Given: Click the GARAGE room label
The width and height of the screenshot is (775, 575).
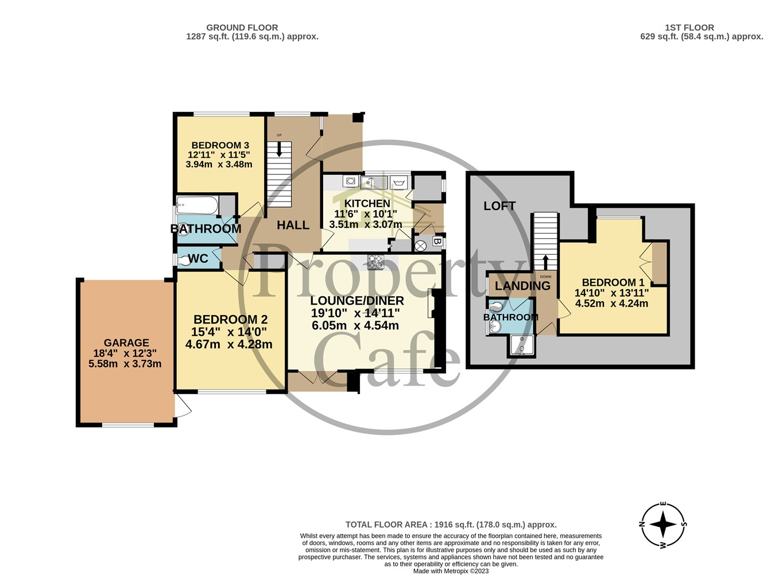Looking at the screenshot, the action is (126, 343).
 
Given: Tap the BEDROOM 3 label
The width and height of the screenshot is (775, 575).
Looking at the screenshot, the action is (220, 145).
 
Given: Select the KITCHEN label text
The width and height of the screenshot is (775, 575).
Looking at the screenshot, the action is (367, 203).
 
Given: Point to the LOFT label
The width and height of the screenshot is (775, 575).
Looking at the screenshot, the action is (499, 206).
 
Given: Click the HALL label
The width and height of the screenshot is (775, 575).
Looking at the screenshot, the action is (293, 226).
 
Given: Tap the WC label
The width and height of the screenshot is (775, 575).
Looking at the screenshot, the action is (198, 258).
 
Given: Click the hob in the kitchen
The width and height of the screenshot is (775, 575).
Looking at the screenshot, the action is (375, 262).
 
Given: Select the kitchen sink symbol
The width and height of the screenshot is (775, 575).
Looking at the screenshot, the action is (374, 182).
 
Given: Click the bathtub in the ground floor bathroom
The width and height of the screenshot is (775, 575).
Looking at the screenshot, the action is (197, 205).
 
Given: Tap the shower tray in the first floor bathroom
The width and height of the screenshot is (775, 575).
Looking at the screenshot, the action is (522, 345).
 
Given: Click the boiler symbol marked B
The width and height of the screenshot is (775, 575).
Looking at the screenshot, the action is (437, 242).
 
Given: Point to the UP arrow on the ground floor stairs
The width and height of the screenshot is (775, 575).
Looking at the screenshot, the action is (279, 149).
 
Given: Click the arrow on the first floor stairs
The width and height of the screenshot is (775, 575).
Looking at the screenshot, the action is (545, 262).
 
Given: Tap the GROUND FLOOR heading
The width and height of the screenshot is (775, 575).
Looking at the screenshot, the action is (242, 28).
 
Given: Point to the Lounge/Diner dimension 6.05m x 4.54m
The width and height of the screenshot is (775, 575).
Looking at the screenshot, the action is (355, 325).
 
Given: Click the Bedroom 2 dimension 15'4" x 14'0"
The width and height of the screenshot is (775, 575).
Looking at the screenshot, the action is (229, 332).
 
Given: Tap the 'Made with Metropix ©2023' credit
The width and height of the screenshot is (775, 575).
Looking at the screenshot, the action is (451, 571).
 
